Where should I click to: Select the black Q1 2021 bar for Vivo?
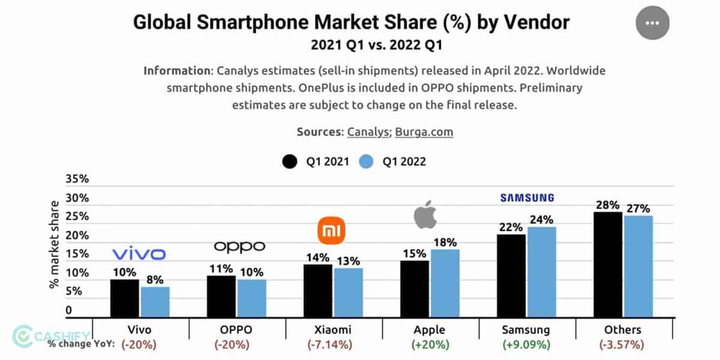coord(124,298)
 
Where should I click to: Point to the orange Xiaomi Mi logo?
coord(332,230)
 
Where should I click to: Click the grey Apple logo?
coord(425,215)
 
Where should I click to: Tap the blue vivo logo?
coord(139,254)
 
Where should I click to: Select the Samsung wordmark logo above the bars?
coord(527,197)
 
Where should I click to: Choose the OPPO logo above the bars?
coord(239,246)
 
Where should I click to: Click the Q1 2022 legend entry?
coord(393,161)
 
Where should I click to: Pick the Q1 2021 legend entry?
coord(316,161)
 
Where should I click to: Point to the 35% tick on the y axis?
coord(77,179)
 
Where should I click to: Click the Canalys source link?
coord(368,131)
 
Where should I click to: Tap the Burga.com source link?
coord(424,131)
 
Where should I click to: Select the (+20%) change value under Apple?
coord(429,344)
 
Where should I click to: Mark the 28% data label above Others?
coord(607,205)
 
